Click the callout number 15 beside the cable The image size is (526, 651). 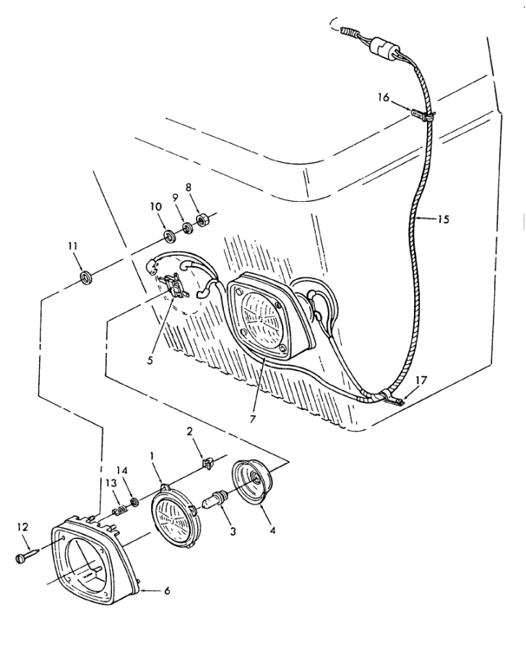coord(443,218)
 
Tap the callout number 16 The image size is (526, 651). coord(383,98)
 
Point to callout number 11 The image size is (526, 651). coord(73,246)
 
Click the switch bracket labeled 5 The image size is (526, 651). coord(175,284)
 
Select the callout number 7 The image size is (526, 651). coord(253,419)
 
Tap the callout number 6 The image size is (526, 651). coord(167,590)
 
